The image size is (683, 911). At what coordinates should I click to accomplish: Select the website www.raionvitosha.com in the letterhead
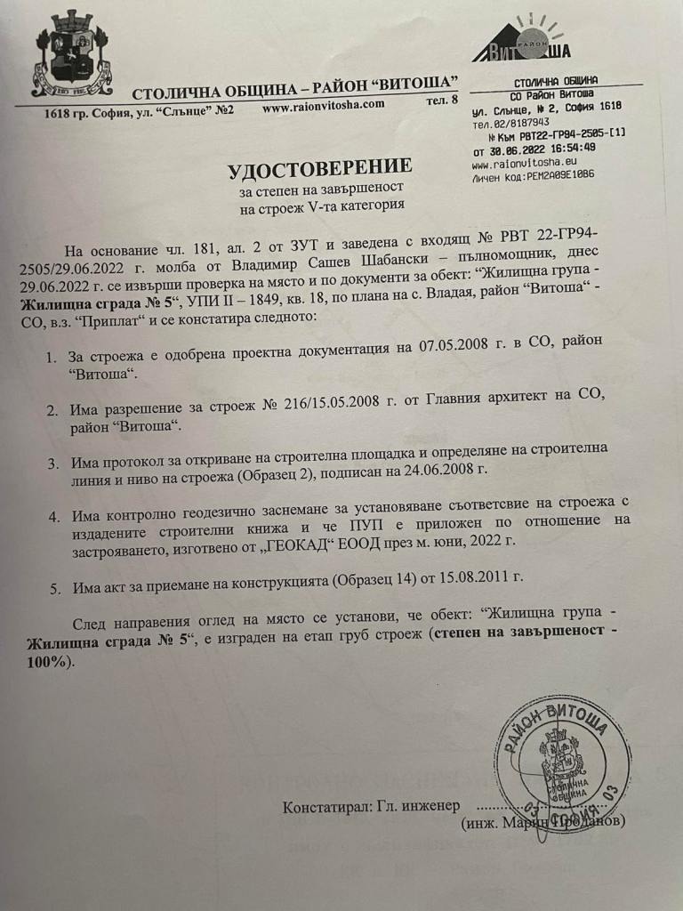pyautogui.click(x=324, y=105)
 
